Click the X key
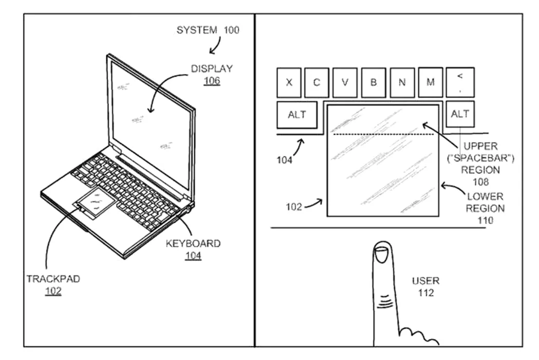pos(289,82)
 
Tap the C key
pos(317,82)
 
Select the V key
pos(345,82)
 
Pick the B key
pos(374,82)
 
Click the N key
pos(402,82)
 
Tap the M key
pos(431,82)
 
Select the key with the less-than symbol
pos(460,82)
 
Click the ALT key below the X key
pos(296,115)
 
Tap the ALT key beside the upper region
pos(460,114)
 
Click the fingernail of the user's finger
pos(381,255)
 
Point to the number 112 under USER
pos(425,293)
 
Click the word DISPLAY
pos(212,68)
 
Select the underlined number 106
pos(212,80)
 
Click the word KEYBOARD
pos(193,243)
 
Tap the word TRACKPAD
pos(53,279)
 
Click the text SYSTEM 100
pos(208,30)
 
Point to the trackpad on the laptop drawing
pos(97,203)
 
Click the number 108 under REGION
pos(480,182)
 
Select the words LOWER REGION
pos(485,203)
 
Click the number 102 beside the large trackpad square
pos(294,207)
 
